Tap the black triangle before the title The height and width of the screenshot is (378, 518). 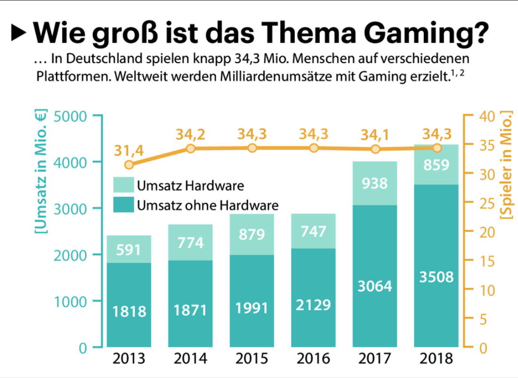pyautogui.click(x=19, y=32)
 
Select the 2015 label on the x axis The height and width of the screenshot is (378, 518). pyautogui.click(x=251, y=360)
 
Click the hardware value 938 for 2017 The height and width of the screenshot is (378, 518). pyautogui.click(x=375, y=183)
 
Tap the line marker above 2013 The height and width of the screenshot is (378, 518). pyautogui.click(x=129, y=164)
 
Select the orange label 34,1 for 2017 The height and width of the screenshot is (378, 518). pyautogui.click(x=375, y=136)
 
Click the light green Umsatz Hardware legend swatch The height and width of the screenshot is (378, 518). pyautogui.click(x=124, y=185)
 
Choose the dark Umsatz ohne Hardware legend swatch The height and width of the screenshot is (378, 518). pyautogui.click(x=124, y=205)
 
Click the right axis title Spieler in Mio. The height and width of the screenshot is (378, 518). pyautogui.click(x=508, y=165)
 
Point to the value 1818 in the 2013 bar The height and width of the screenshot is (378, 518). pyautogui.click(x=129, y=311)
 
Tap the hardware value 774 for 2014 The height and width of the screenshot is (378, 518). pyautogui.click(x=190, y=243)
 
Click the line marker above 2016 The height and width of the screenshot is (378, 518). pyautogui.click(x=314, y=148)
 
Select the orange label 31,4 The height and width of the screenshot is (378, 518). pyautogui.click(x=129, y=151)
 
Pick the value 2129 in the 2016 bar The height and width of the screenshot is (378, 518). pyautogui.click(x=314, y=305)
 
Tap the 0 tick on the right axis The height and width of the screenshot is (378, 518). pyautogui.click(x=483, y=349)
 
